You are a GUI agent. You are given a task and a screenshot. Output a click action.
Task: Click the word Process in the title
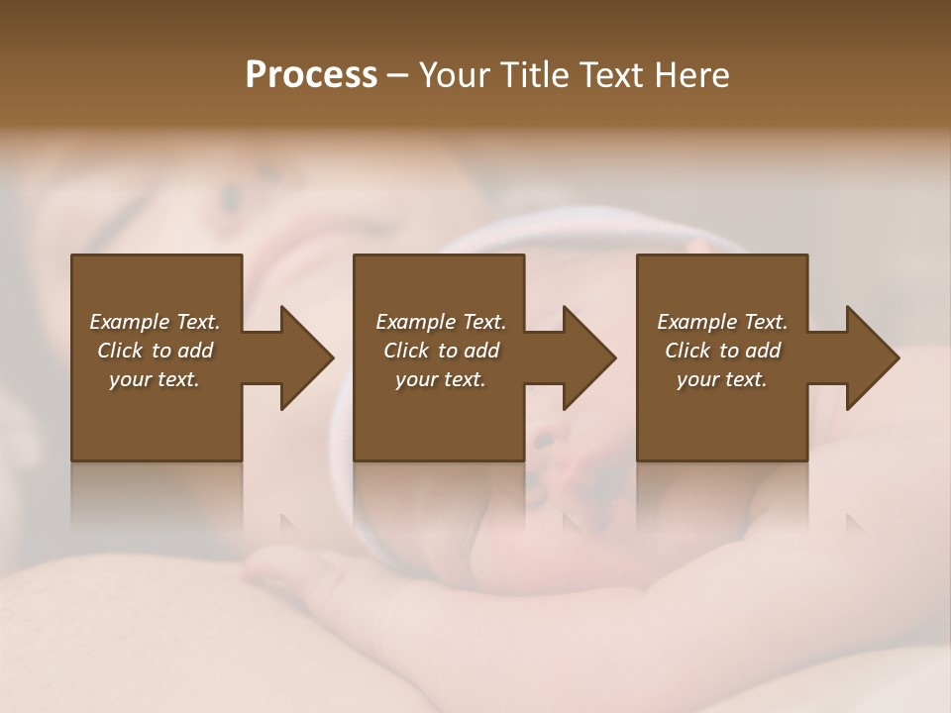click(311, 75)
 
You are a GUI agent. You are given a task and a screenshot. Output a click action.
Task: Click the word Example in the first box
click(130, 322)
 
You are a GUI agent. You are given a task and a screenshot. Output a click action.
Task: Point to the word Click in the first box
click(120, 351)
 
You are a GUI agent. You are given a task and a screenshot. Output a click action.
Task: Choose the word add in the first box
click(195, 351)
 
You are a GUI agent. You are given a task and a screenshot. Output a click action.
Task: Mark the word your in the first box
click(130, 379)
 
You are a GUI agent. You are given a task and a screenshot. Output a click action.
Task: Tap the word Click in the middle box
click(406, 351)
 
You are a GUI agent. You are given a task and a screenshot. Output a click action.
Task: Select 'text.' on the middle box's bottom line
click(465, 379)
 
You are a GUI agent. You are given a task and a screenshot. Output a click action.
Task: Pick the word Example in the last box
click(697, 322)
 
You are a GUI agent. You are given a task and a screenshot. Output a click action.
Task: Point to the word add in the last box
click(763, 351)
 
